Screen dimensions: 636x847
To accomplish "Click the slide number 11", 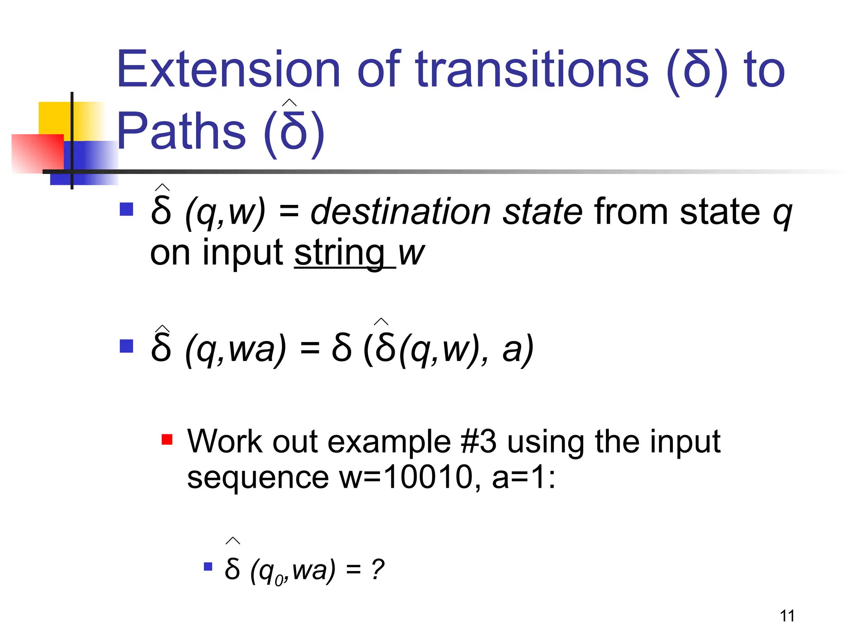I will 787,616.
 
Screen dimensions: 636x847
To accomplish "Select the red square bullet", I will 167,439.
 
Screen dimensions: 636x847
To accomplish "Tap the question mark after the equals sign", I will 377,570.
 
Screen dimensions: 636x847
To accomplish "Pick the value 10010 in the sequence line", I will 428,477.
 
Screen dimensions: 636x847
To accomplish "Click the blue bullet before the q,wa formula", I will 126,346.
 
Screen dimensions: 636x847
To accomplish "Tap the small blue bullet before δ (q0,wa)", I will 208,566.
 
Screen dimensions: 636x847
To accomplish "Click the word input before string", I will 242,253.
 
